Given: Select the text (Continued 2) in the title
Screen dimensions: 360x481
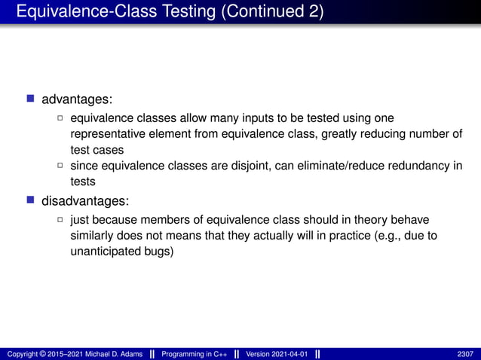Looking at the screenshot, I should (x=271, y=12).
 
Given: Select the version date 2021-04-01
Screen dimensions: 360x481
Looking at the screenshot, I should (x=287, y=354).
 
